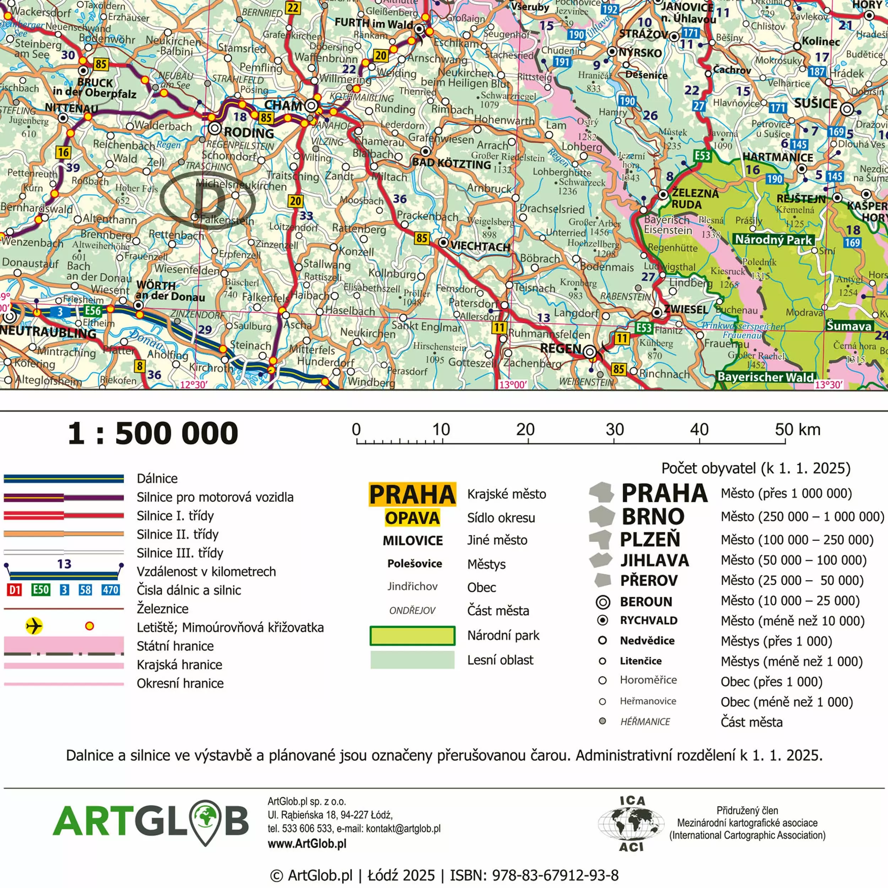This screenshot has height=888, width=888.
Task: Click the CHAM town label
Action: (x=283, y=105)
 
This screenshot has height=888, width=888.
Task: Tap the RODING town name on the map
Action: (x=249, y=133)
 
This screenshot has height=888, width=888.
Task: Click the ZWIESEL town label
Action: (x=686, y=309)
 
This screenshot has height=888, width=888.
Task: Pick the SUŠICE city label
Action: (x=816, y=103)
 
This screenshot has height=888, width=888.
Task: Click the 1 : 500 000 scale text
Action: (x=153, y=433)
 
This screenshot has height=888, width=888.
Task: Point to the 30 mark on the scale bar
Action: (x=614, y=430)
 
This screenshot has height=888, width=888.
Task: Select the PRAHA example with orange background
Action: (x=412, y=494)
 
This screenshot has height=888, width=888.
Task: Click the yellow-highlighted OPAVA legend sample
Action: (x=412, y=518)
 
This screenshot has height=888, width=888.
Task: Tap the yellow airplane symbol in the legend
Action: (x=34, y=626)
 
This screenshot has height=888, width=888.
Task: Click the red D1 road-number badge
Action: (x=14, y=590)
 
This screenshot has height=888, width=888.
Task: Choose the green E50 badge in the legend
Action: (x=40, y=590)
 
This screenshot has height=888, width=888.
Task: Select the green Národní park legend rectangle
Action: (x=412, y=636)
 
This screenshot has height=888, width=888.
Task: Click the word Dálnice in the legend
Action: (x=157, y=478)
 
